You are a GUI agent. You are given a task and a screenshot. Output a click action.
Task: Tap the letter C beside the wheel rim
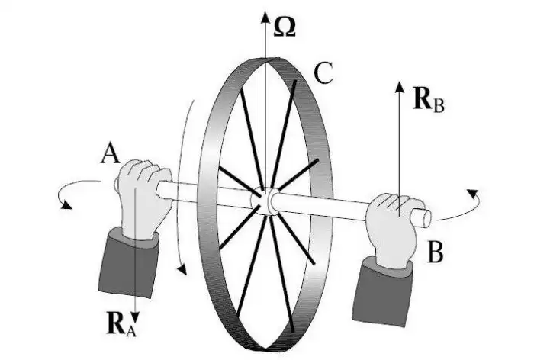tap(323, 74)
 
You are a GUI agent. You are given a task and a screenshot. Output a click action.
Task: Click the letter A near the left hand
tap(109, 156)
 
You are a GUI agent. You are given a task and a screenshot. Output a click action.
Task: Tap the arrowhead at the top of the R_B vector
tap(399, 84)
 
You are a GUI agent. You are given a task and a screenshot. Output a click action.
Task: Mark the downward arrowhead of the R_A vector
tap(134, 314)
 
